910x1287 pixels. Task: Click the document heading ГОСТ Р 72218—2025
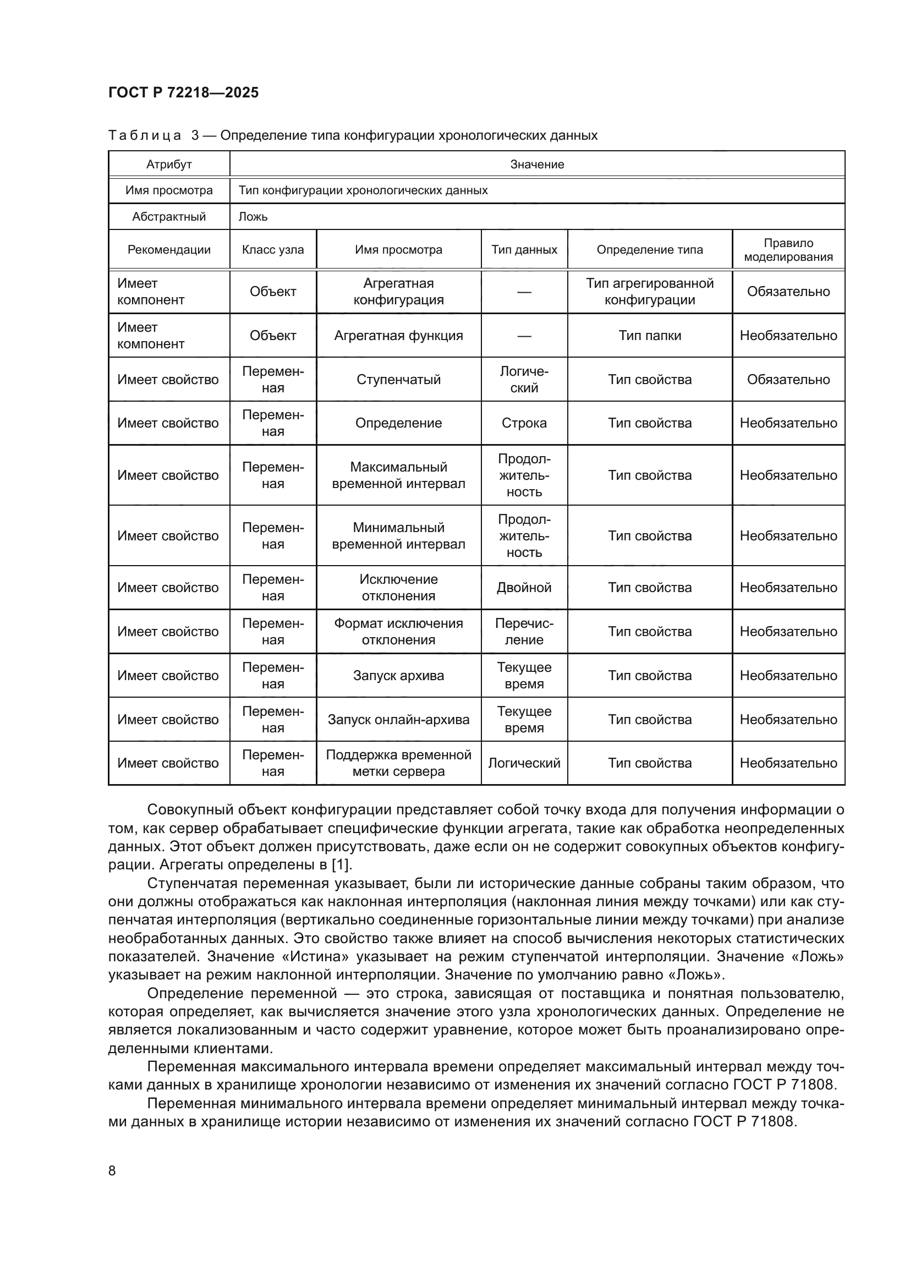tap(183, 92)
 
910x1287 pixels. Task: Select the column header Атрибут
tap(169, 164)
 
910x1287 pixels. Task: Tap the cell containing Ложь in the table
tap(253, 216)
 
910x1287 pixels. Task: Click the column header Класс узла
tap(273, 249)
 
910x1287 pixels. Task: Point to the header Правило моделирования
tap(788, 249)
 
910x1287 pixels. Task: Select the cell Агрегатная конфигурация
tap(398, 292)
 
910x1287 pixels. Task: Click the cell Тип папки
tap(649, 335)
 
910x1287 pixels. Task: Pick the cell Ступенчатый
tap(398, 380)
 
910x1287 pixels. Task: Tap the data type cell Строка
tap(524, 423)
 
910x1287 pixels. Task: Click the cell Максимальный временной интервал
tap(398, 475)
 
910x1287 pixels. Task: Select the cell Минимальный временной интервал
tap(398, 535)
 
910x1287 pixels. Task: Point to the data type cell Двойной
tap(524, 588)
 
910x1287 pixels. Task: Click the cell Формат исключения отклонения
tap(398, 632)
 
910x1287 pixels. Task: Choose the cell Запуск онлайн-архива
tap(398, 719)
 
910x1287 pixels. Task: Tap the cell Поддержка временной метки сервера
tap(398, 763)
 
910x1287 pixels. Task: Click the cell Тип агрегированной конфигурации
tap(649, 292)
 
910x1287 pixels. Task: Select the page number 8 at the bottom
tap(112, 1170)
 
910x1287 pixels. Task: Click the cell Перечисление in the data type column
tap(524, 632)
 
